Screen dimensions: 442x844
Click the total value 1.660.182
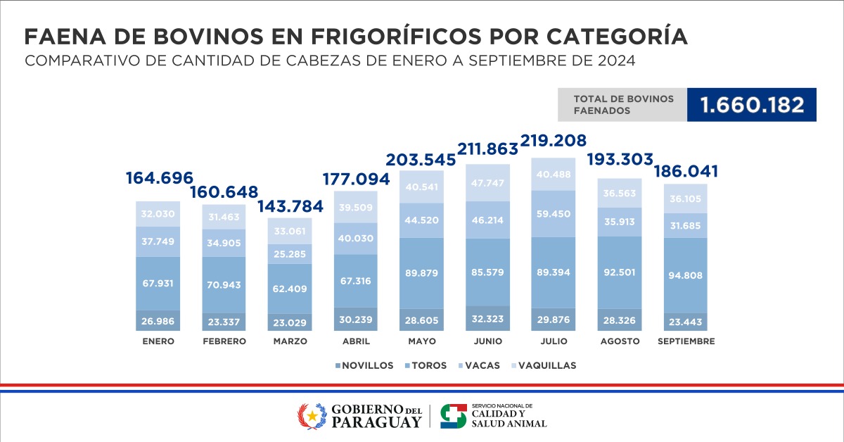coord(751,105)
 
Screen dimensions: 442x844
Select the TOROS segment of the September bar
coord(686,275)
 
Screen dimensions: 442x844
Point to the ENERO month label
coord(157,341)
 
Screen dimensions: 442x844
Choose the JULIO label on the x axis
coord(554,341)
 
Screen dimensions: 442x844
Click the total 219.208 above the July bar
coord(553,140)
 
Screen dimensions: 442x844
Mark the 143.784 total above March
coord(290,207)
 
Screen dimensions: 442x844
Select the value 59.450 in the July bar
coord(554,213)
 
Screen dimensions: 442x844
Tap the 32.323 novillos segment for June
coord(487,319)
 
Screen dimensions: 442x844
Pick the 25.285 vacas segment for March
coord(290,253)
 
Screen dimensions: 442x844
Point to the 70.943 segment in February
coord(224,285)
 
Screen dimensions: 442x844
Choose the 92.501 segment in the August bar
coord(620,272)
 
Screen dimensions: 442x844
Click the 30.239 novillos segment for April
coord(356,319)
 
